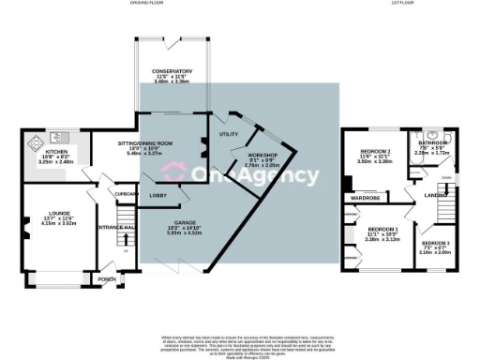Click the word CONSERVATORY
click(173, 71)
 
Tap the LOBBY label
click(157, 195)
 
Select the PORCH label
click(107, 278)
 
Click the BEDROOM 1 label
click(382, 230)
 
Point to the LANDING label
click(434, 195)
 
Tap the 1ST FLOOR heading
click(403, 4)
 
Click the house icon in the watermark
click(173, 173)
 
